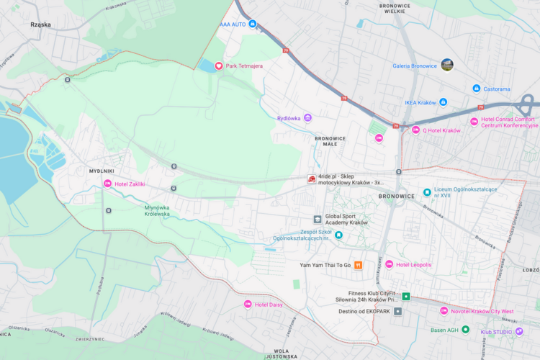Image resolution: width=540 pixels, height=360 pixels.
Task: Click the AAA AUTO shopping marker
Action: [253, 24]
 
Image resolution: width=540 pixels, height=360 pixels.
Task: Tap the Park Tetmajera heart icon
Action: [219, 66]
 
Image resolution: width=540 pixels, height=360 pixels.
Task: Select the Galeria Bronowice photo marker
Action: [447, 65]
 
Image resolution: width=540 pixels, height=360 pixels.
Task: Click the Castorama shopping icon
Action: [476, 89]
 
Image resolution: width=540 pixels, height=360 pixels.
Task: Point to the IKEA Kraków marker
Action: [443, 102]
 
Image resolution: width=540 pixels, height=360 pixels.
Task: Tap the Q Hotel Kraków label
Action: [441, 130]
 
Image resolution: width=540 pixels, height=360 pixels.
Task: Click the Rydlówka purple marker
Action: [307, 117]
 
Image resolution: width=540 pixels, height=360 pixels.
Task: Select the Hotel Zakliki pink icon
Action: [108, 184]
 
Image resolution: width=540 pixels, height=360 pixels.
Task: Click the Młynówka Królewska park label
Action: [157, 210]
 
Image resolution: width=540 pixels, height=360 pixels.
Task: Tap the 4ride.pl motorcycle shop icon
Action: [311, 179]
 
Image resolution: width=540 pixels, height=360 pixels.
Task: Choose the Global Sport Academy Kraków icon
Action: [317, 219]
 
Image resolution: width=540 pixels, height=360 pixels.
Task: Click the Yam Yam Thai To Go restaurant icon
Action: [358, 265]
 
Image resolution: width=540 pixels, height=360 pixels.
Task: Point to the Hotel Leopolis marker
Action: [390, 264]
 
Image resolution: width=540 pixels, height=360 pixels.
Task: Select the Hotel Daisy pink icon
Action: [248, 304]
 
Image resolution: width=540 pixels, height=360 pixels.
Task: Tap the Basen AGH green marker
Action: [465, 329]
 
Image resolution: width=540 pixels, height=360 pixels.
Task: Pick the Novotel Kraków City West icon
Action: [444, 310]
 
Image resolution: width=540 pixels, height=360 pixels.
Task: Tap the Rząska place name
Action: [40, 24]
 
